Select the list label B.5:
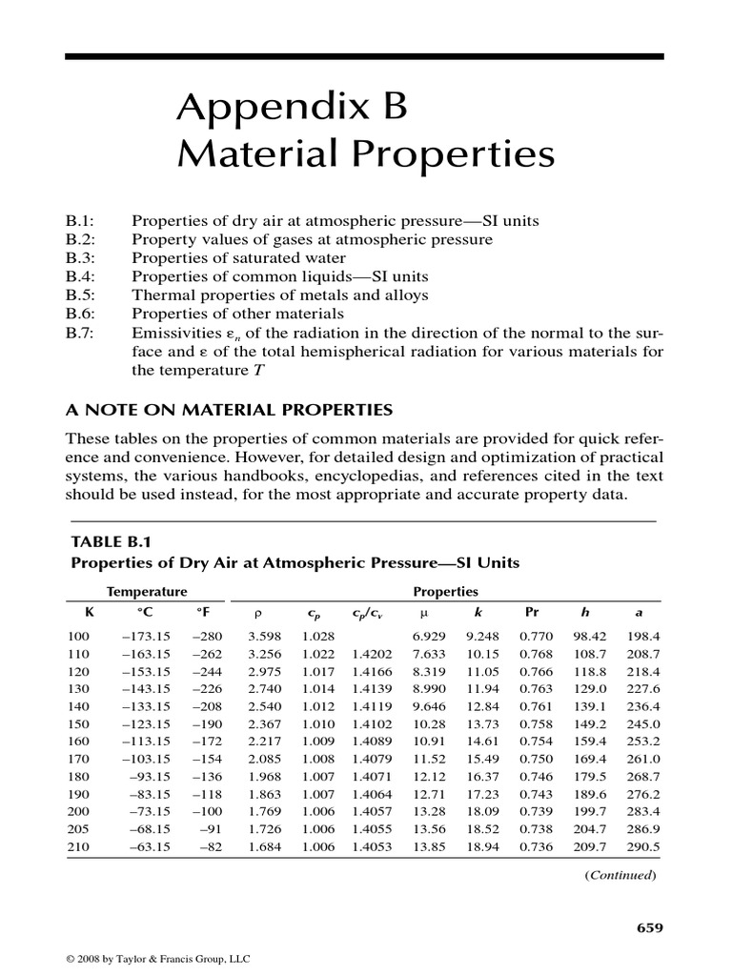pos(82,295)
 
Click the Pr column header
pos(532,612)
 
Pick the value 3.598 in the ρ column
pos(264,635)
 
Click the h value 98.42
pos(587,635)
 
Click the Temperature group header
pos(147,591)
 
